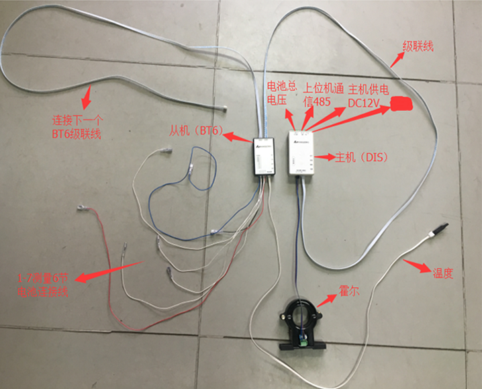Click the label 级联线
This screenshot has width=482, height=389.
[418, 47]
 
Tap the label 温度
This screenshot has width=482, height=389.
[444, 273]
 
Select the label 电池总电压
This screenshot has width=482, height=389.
[281, 93]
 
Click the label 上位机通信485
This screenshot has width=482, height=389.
[323, 94]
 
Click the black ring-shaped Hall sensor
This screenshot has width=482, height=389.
[303, 316]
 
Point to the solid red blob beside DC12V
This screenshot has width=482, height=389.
[401, 102]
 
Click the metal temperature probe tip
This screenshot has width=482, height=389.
[440, 228]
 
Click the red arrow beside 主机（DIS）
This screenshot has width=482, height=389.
[326, 158]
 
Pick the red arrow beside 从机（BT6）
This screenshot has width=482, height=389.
[237, 138]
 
